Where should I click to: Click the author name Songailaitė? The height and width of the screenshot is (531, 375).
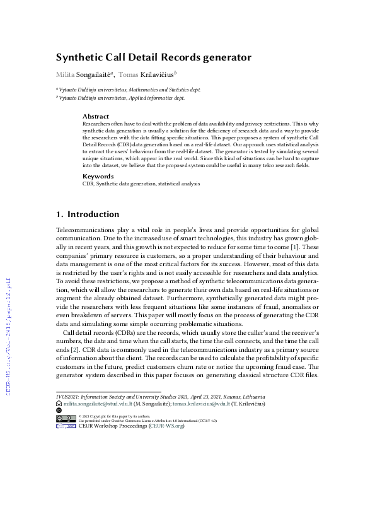(x=94, y=75)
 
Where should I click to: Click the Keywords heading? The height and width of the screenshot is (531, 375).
(x=98, y=176)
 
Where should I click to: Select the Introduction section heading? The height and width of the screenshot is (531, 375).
(x=93, y=214)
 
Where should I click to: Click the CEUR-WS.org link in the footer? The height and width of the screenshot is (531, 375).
(x=166, y=426)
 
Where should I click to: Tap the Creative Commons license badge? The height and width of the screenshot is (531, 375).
(x=66, y=418)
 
